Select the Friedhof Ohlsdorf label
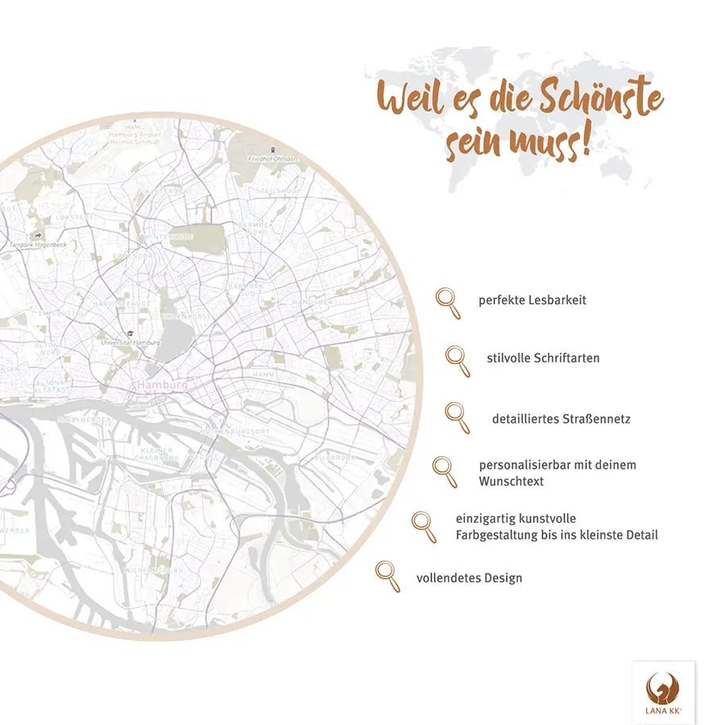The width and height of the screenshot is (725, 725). click(x=274, y=159)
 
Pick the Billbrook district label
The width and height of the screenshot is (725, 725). click(x=333, y=457)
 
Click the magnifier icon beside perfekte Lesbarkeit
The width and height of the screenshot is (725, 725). click(x=448, y=303)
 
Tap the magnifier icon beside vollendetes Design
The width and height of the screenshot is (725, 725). click(x=387, y=576)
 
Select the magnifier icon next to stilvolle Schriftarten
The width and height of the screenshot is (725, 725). click(x=458, y=360)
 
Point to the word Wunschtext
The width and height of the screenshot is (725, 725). click(x=512, y=481)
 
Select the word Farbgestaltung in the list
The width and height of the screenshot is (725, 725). click(x=494, y=534)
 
